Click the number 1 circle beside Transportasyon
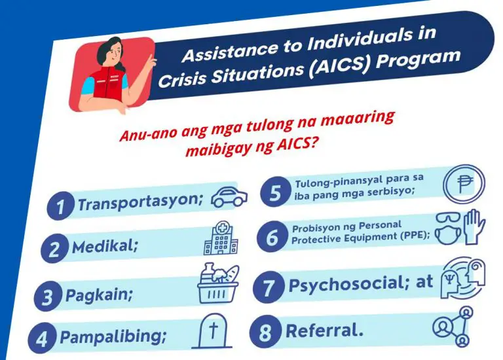[x=60, y=207]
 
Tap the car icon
[x=229, y=196]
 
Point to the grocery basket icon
[x=219, y=283]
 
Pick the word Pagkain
[x=99, y=295]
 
